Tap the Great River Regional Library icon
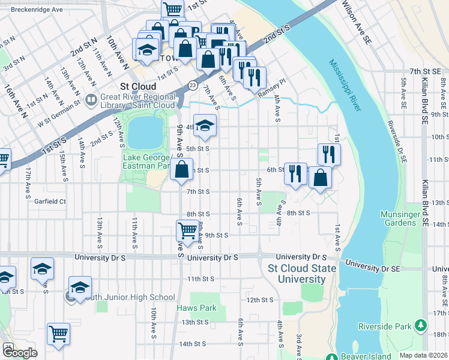(x=91, y=100)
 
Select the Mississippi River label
(x=345, y=85)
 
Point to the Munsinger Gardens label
(x=398, y=218)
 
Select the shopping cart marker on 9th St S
(x=187, y=229)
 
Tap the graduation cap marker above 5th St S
(x=205, y=125)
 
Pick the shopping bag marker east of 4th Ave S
(x=321, y=178)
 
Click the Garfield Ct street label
(x=50, y=202)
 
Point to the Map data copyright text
(x=422, y=355)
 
